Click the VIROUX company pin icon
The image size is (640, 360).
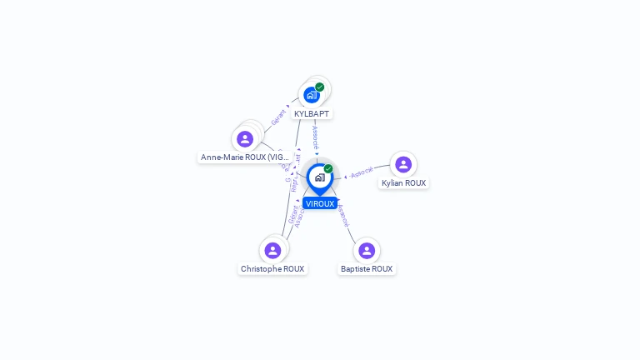(319, 177)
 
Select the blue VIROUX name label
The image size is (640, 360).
(320, 203)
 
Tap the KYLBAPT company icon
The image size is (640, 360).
(312, 95)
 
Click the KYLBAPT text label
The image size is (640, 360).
(312, 113)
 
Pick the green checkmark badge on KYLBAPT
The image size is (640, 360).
(320, 87)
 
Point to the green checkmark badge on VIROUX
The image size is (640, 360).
(328, 168)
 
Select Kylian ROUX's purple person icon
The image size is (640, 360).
(403, 164)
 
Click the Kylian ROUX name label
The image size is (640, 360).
(403, 183)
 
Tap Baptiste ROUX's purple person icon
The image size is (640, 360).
(367, 250)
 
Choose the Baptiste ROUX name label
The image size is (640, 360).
(367, 269)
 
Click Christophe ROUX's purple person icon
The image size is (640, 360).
(272, 250)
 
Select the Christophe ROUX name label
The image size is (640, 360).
(272, 269)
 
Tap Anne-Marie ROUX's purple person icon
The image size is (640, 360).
(245, 138)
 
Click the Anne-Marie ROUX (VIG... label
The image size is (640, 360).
(245, 157)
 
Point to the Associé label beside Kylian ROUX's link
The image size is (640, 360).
(362, 172)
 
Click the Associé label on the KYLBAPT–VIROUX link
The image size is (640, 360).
(315, 137)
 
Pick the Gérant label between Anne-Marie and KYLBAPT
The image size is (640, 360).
(278, 117)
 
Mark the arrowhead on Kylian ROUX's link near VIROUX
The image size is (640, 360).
(345, 177)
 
